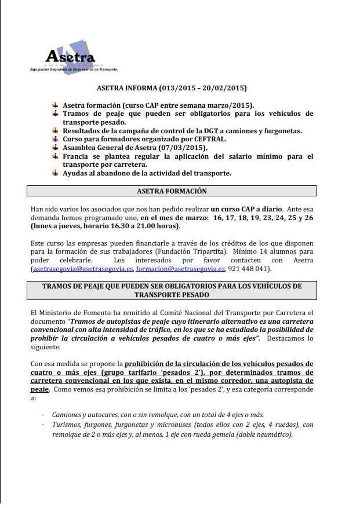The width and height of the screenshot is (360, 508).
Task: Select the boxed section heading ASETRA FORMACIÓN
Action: [172, 191]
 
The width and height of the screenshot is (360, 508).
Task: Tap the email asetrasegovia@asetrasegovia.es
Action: [83, 269]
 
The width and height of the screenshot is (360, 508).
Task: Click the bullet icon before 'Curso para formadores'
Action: [55, 139]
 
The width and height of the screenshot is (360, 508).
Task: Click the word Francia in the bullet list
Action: [77, 156]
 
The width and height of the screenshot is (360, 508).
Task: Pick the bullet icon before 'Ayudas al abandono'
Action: [55, 173]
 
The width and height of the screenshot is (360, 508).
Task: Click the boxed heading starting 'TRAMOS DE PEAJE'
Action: [172, 290]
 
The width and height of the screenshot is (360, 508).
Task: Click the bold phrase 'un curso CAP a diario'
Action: [246, 208]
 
